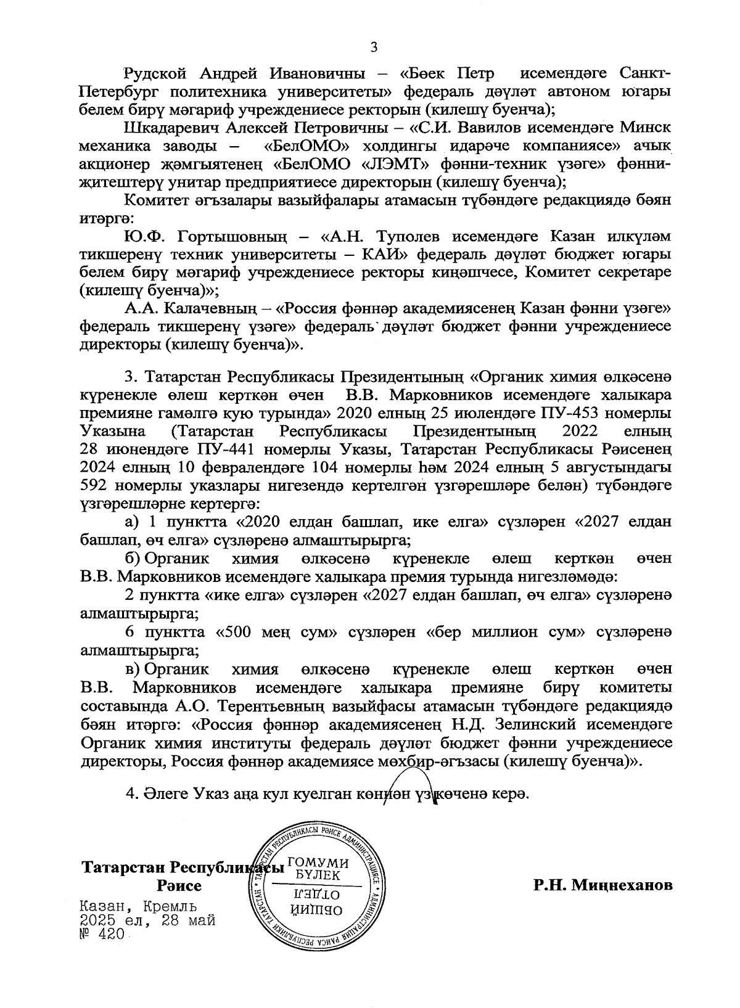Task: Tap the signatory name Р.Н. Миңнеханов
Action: pyautogui.click(x=603, y=886)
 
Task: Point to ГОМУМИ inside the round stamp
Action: pyautogui.click(x=318, y=864)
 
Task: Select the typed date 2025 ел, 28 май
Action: pyautogui.click(x=147, y=920)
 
